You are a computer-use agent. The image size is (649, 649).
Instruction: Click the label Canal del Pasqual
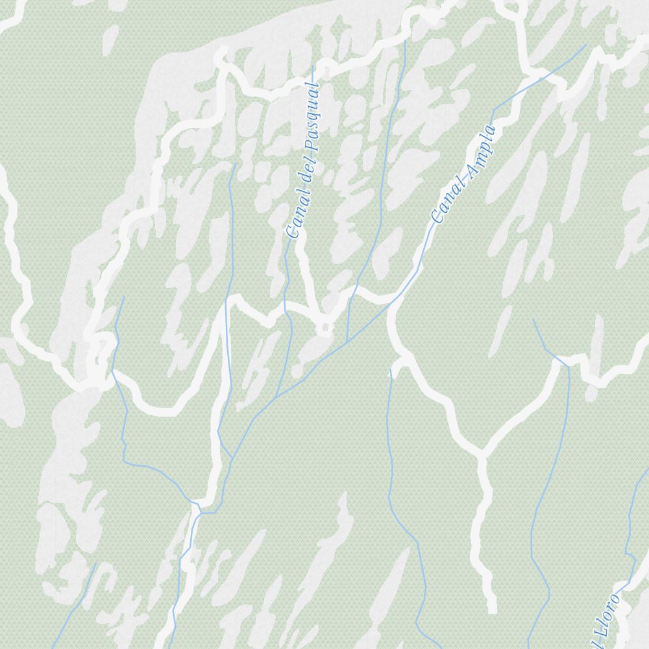coord(304,160)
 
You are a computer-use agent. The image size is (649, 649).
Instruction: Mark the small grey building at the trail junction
coord(324,328)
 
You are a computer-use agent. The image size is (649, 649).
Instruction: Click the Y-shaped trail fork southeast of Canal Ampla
coord(482,452)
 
